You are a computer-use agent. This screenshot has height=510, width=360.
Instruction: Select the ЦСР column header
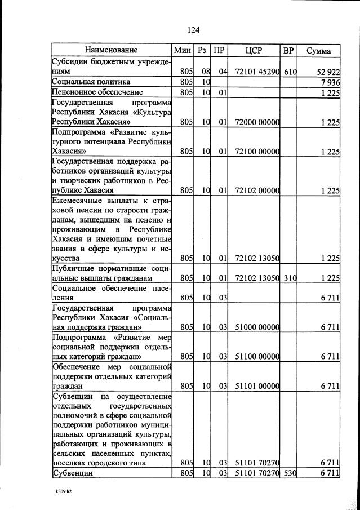pyautogui.click(x=254, y=51)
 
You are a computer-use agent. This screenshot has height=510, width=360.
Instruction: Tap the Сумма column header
pyautogui.click(x=318, y=51)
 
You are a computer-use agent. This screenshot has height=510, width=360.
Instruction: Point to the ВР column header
pyautogui.click(x=288, y=51)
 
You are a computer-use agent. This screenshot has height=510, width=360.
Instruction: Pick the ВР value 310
pyautogui.click(x=290, y=278)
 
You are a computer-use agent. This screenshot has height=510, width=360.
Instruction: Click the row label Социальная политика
pyautogui.click(x=91, y=82)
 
